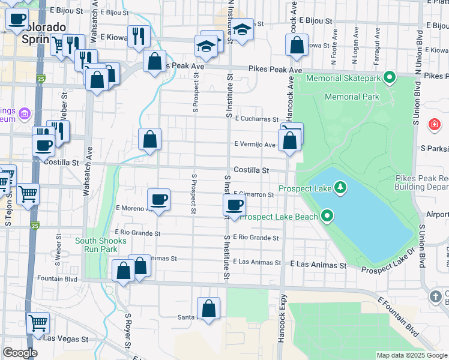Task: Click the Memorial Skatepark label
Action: pyautogui.click(x=344, y=78)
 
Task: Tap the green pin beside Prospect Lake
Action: pyautogui.click(x=340, y=188)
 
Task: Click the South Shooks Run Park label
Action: pyautogui.click(x=101, y=244)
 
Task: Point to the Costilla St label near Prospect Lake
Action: pyautogui.click(x=251, y=170)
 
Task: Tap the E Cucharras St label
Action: pyautogui.click(x=257, y=119)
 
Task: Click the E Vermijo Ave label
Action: pyautogui.click(x=255, y=145)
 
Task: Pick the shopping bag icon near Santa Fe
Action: pyautogui.click(x=208, y=309)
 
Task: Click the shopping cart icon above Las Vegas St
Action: pyautogui.click(x=38, y=323)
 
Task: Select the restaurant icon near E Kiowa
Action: pyautogui.click(x=138, y=37)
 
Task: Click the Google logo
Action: pyautogui.click(x=19, y=353)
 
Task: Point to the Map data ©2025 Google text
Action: pyautogui.click(x=411, y=355)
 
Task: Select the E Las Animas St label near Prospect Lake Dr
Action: pyautogui.click(x=319, y=265)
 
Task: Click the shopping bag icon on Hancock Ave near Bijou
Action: pyautogui.click(x=297, y=46)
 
